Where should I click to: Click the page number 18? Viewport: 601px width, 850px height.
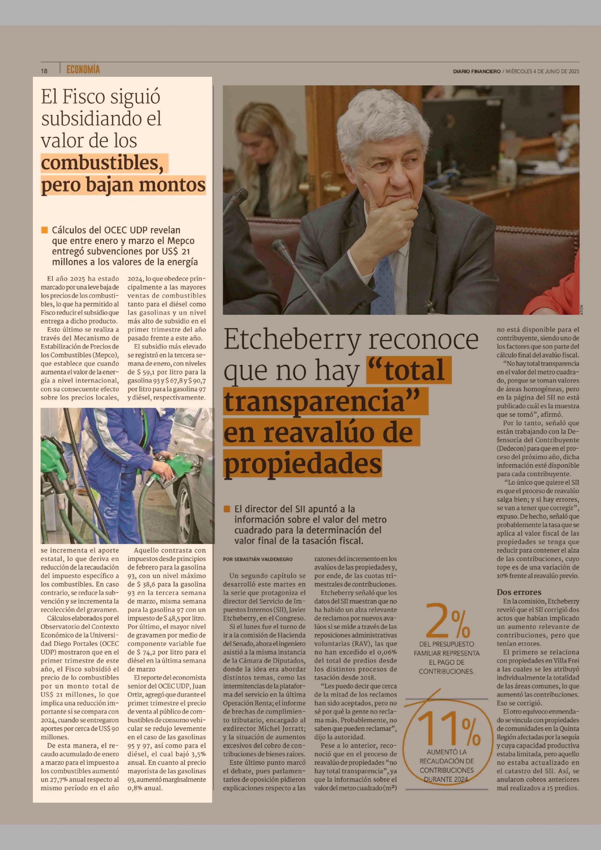coord(44,71)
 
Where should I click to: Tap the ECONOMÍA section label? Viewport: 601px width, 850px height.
coord(83,70)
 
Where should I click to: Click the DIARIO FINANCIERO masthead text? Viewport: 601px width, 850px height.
coord(476,71)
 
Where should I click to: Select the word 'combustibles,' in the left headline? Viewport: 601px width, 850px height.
coord(102,163)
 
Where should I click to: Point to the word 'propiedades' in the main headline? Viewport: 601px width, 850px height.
coord(302,463)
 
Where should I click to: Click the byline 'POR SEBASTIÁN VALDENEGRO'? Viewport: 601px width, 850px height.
coord(258,559)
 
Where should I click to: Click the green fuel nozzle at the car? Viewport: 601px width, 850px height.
coord(176,467)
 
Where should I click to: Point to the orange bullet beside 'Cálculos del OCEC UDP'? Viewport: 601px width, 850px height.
coord(44,230)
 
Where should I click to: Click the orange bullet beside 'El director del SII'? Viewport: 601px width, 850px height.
coord(227,509)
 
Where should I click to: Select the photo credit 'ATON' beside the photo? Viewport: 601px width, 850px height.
coord(581,309)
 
